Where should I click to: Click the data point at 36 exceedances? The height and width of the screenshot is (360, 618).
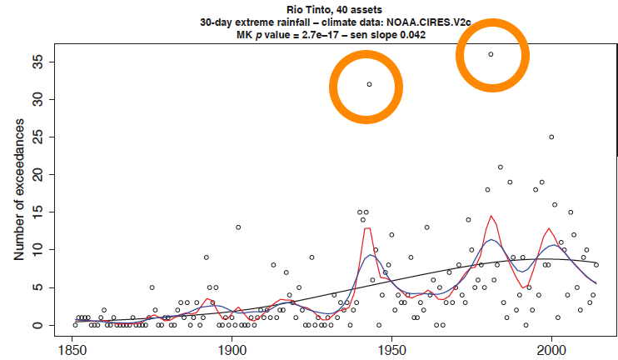(491, 54)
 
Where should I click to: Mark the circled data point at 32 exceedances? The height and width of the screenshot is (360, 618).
(369, 84)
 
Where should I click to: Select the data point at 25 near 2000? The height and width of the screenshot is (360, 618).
(551, 137)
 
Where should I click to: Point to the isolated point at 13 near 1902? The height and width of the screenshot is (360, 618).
(238, 227)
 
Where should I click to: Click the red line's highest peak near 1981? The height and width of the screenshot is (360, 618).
(491, 217)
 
